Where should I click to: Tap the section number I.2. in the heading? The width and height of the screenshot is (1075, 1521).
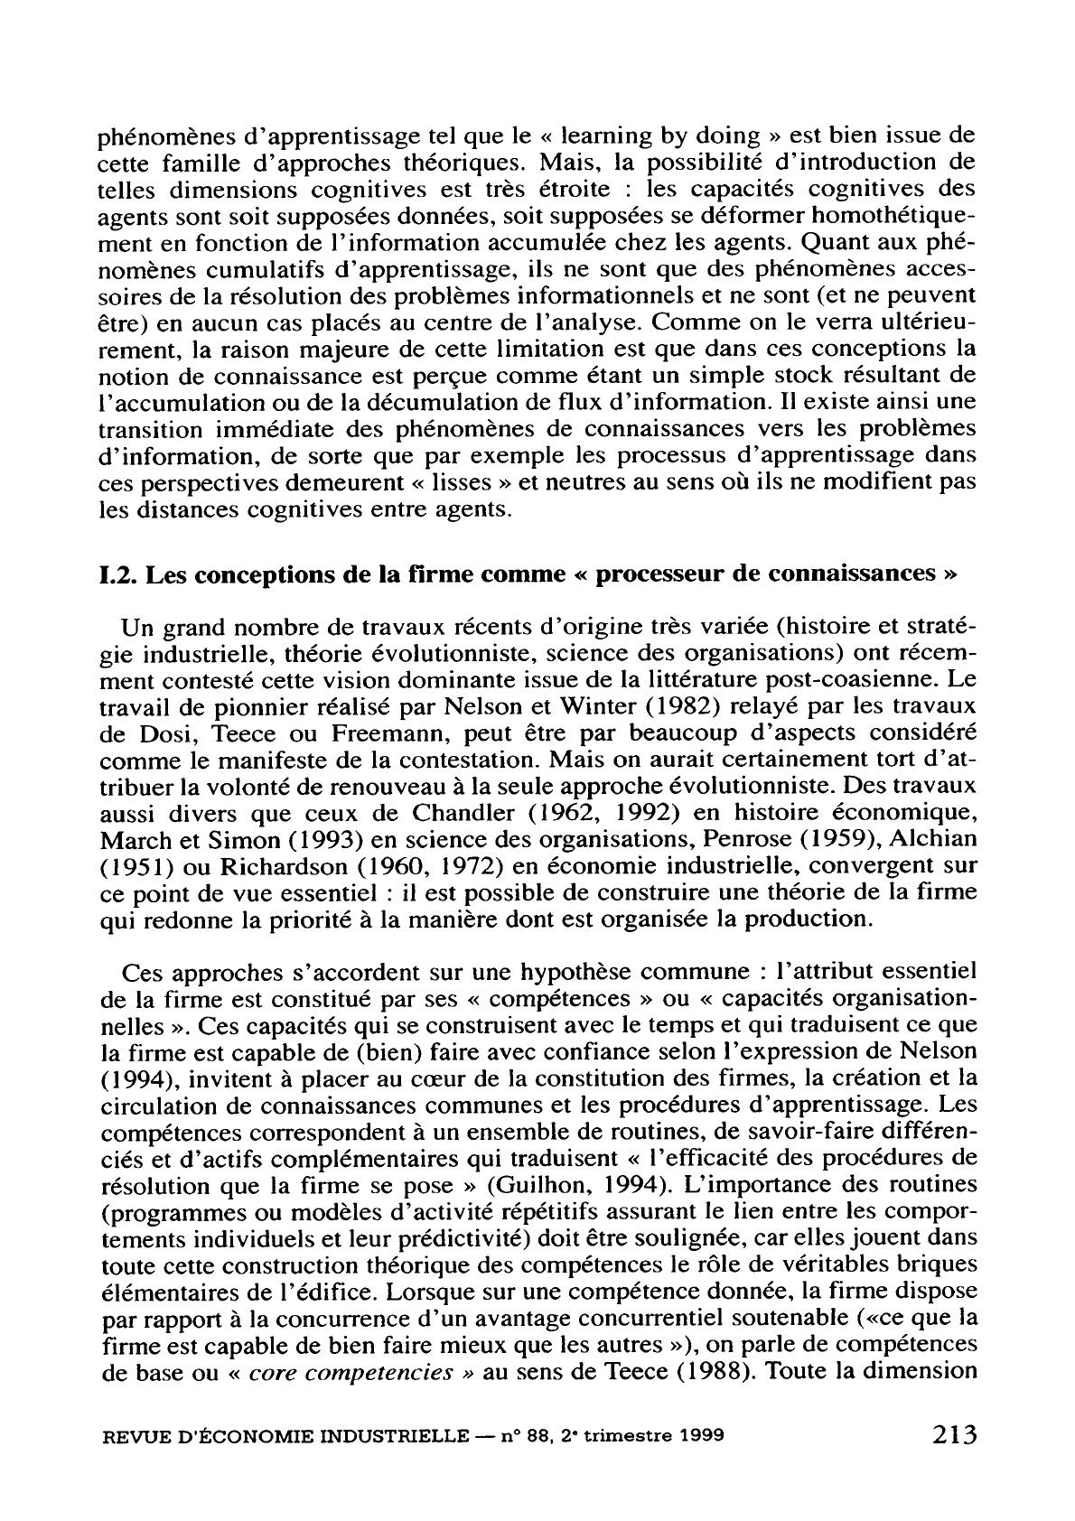click(x=117, y=574)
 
